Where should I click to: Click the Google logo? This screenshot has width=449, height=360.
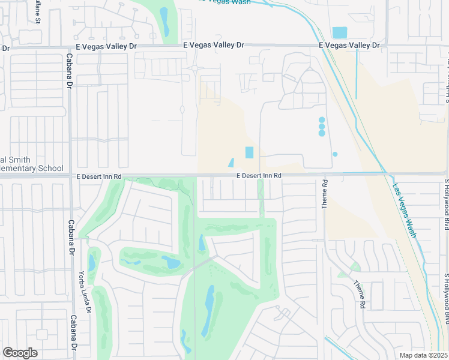(x=20, y=353)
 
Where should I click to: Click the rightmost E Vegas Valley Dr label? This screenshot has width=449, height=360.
(x=349, y=46)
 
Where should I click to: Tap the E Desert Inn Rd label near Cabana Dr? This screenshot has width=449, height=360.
(x=99, y=176)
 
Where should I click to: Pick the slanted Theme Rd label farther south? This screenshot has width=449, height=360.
(x=359, y=295)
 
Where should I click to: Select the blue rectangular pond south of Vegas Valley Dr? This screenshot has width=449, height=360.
(x=340, y=32)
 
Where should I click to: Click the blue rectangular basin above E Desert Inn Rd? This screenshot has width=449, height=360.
(x=249, y=153)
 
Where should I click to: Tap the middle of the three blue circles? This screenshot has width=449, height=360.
(x=322, y=127)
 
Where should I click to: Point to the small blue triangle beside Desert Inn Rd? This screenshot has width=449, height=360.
(x=231, y=163)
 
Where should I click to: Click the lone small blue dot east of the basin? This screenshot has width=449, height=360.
(x=335, y=154)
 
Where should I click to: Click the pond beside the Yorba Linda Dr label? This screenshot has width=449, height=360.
(x=91, y=262)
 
